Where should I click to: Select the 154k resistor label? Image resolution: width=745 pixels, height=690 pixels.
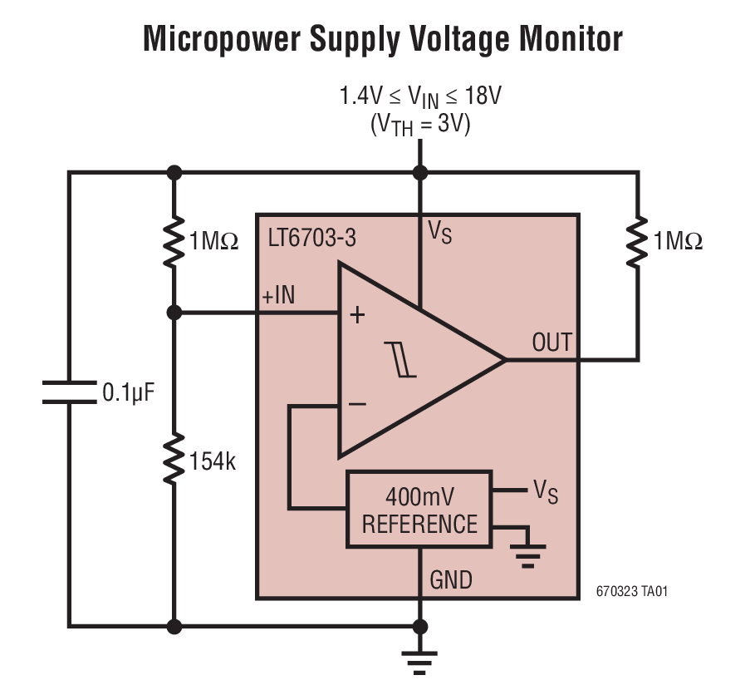pyautogui.click(x=213, y=461)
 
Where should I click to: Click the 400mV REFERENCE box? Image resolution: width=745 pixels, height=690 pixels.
pyautogui.click(x=419, y=510)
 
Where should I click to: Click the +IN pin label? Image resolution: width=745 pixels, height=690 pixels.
pyautogui.click(x=278, y=297)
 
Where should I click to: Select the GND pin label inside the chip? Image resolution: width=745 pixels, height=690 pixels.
pyautogui.click(x=451, y=579)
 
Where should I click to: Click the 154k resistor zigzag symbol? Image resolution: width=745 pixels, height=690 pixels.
pyautogui.click(x=174, y=460)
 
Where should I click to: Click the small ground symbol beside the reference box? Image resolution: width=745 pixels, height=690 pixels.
pyautogui.click(x=528, y=552)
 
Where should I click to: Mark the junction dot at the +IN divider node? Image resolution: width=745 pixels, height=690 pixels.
pyautogui.click(x=174, y=313)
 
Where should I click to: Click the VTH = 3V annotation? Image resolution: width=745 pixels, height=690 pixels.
pyautogui.click(x=420, y=125)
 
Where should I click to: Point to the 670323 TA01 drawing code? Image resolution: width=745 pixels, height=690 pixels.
pyautogui.click(x=631, y=592)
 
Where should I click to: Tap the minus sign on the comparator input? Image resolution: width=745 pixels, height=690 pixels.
pyautogui.click(x=357, y=405)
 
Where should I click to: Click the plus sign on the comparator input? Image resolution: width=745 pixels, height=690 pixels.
pyautogui.click(x=357, y=315)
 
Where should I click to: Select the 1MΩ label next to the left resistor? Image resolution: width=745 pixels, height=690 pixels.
pyautogui.click(x=214, y=242)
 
